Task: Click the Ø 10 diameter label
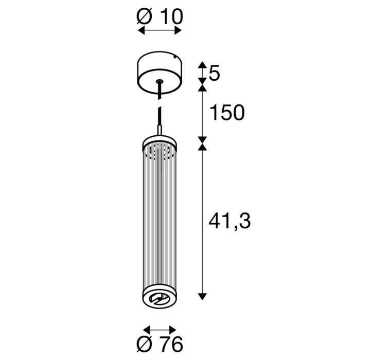[160, 17]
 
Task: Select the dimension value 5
[214, 74]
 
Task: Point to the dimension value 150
[226, 113]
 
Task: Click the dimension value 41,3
[230, 221]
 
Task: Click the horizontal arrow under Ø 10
[160, 31]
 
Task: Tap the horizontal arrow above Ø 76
[160, 330]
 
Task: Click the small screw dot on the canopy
[175, 58]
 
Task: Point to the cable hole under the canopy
[160, 81]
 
